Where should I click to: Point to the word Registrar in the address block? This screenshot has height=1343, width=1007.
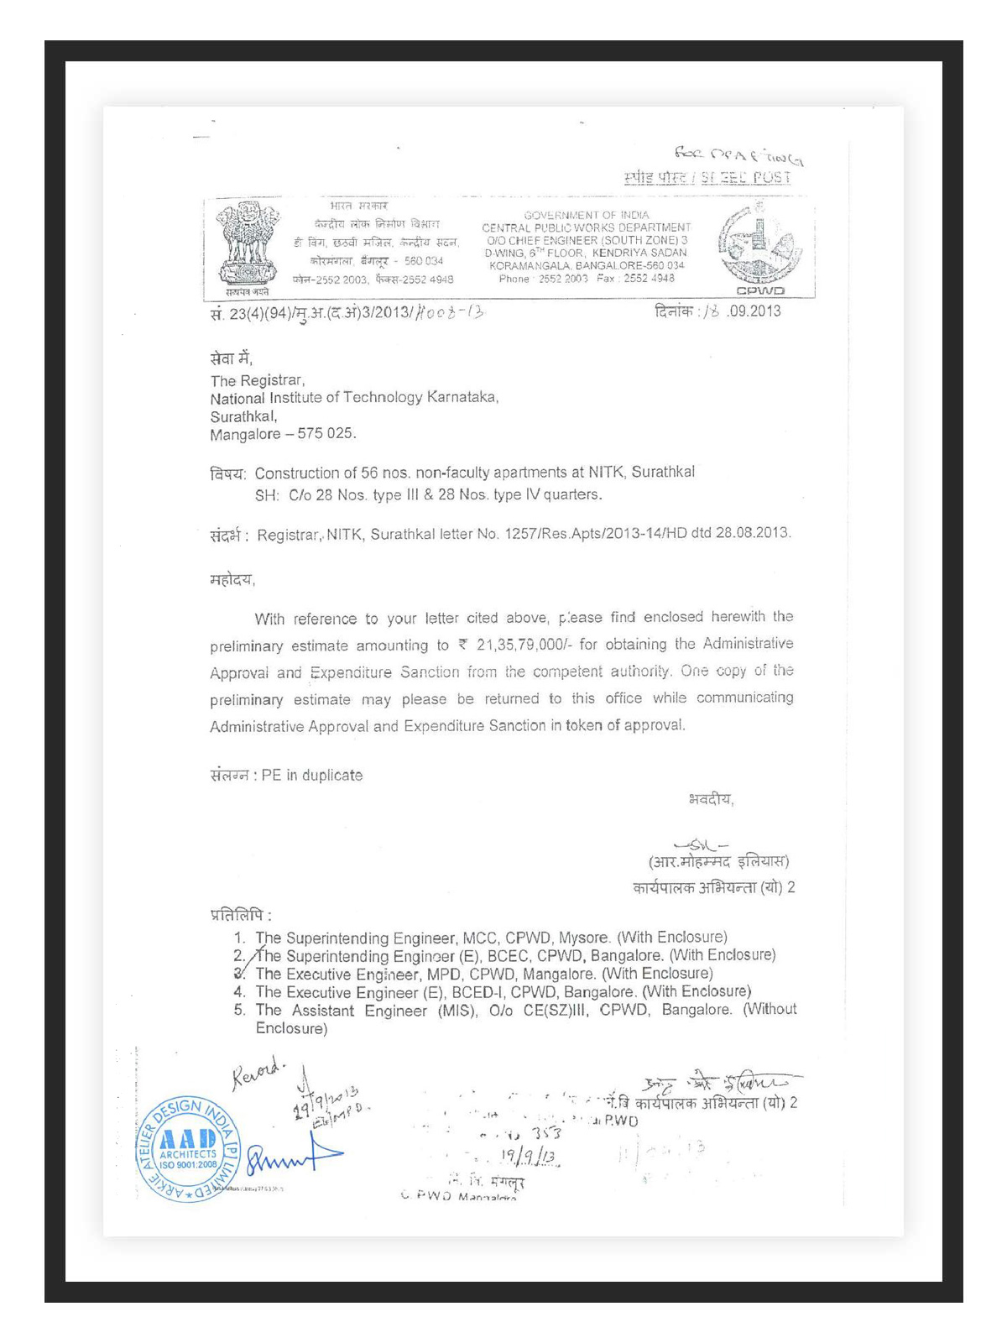(272, 381)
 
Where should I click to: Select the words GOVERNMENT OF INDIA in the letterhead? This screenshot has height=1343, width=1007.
(587, 216)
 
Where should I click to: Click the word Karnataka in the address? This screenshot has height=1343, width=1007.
(462, 398)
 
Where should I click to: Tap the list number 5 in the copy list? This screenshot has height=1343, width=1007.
(239, 1010)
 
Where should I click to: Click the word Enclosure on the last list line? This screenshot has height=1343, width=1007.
(290, 1028)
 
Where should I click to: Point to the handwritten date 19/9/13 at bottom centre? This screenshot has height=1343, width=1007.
(528, 1157)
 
